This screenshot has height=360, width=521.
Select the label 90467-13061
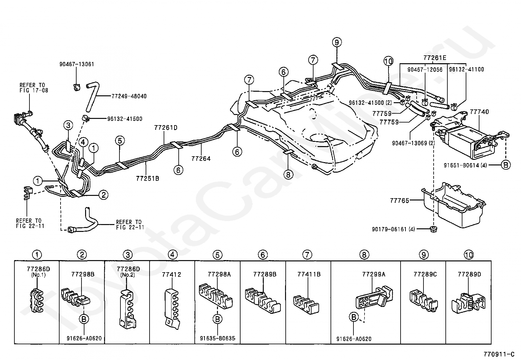click(x=77, y=64)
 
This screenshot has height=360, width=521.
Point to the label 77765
click(x=399, y=200)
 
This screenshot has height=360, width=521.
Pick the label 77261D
click(x=166, y=128)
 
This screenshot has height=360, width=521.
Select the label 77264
click(x=201, y=159)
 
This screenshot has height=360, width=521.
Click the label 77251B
click(x=148, y=179)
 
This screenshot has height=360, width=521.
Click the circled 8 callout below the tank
click(x=288, y=175)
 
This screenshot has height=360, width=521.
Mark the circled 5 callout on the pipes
click(x=120, y=141)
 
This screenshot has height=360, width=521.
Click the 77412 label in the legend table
click(x=171, y=275)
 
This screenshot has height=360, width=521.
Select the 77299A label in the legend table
click(x=374, y=275)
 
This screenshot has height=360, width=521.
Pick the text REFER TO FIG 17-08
click(x=34, y=87)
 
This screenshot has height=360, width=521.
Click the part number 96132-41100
click(x=466, y=69)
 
